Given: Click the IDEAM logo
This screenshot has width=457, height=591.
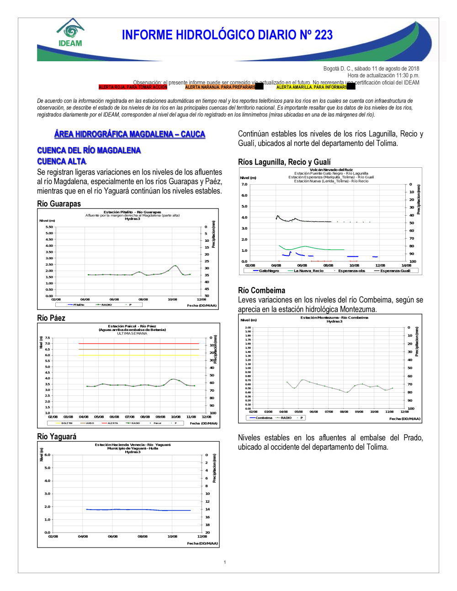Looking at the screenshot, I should [x=70, y=33].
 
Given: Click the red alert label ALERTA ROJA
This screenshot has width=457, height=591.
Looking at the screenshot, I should [x=133, y=87].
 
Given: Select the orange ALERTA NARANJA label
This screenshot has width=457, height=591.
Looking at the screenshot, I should [x=220, y=87].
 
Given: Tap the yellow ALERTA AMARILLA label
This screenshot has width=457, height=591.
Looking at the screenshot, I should [x=311, y=87].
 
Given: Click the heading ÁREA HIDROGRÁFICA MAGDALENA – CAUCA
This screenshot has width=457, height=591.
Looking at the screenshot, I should [x=129, y=134].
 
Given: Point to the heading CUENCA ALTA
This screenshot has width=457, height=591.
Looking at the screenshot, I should [x=61, y=161].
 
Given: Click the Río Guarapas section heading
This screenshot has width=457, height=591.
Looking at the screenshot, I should [x=59, y=204].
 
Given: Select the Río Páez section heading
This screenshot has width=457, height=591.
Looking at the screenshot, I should [x=51, y=318].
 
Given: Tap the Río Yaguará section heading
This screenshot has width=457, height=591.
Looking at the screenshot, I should [x=57, y=437].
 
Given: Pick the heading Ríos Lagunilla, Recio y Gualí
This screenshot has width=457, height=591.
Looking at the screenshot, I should [x=284, y=162].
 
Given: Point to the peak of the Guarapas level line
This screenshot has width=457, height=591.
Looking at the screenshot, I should [x=175, y=266].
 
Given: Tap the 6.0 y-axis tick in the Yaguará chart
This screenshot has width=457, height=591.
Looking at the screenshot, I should [x=48, y=455].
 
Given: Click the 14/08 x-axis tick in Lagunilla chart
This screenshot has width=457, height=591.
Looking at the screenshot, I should [x=406, y=265].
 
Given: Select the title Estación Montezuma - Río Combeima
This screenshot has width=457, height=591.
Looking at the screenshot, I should [x=334, y=318].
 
